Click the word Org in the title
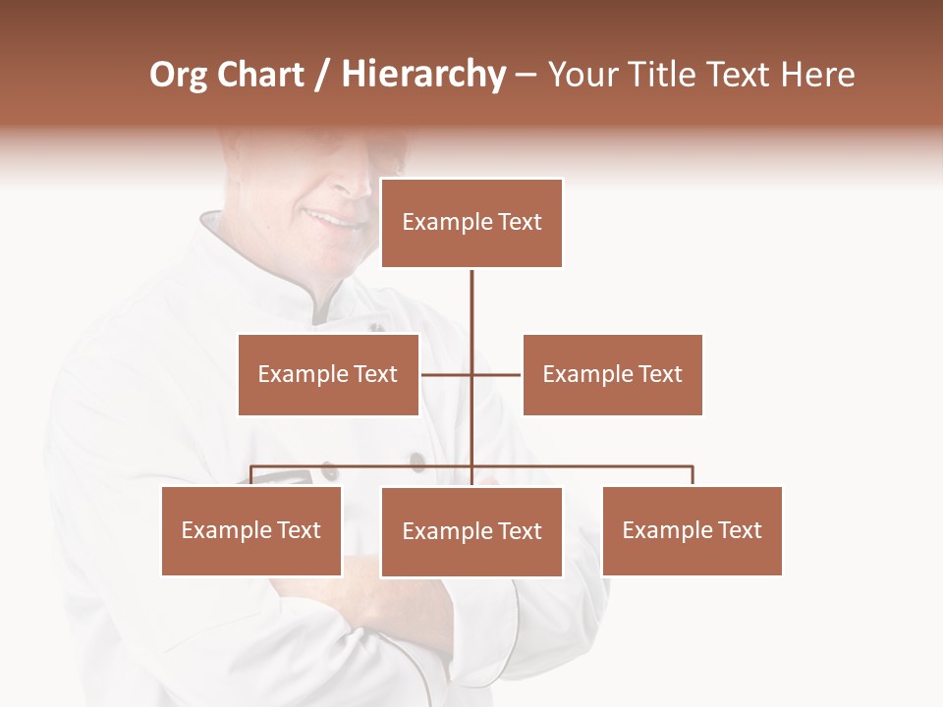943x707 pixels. tap(179, 75)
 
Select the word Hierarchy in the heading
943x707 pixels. tap(423, 75)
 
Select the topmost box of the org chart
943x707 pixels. tap(471, 223)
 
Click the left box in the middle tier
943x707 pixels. tap(328, 374)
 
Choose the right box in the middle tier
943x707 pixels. tap(613, 374)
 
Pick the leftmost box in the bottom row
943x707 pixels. tap(251, 530)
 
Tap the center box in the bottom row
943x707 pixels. tap(471, 531)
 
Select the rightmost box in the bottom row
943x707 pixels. tap(693, 530)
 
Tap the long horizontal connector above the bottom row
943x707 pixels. tap(589, 466)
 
